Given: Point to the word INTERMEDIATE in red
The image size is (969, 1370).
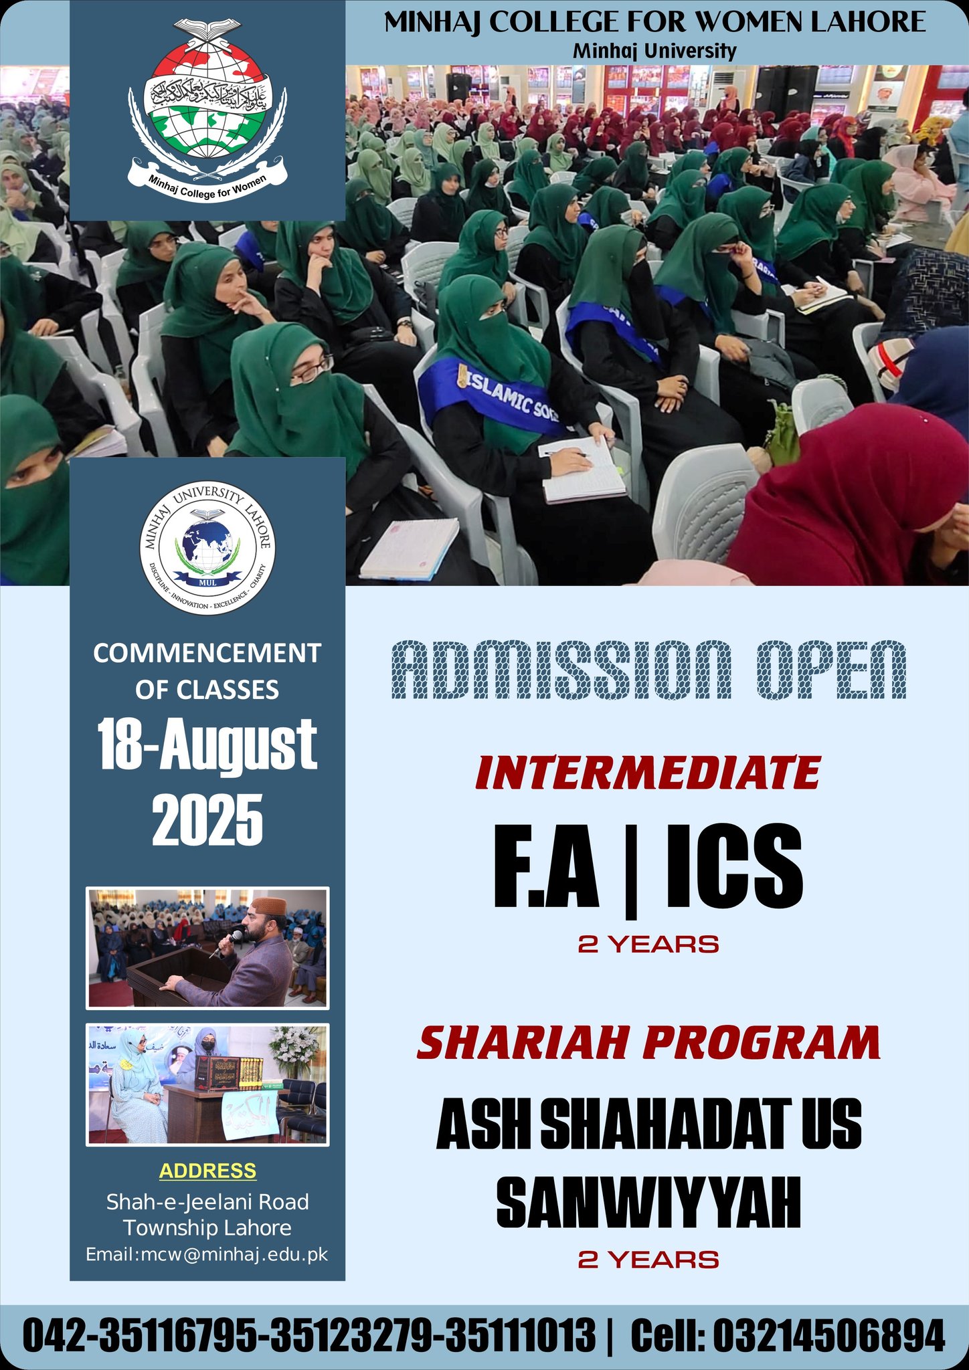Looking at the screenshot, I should coord(647,773).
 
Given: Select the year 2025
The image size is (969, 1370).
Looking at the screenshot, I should coord(207,820).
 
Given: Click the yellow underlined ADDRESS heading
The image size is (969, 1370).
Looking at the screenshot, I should coord(207,1171).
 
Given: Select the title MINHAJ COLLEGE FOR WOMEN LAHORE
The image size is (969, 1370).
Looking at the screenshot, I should coord(654,23).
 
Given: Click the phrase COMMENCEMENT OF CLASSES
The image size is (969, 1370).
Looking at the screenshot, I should coord(207,671).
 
